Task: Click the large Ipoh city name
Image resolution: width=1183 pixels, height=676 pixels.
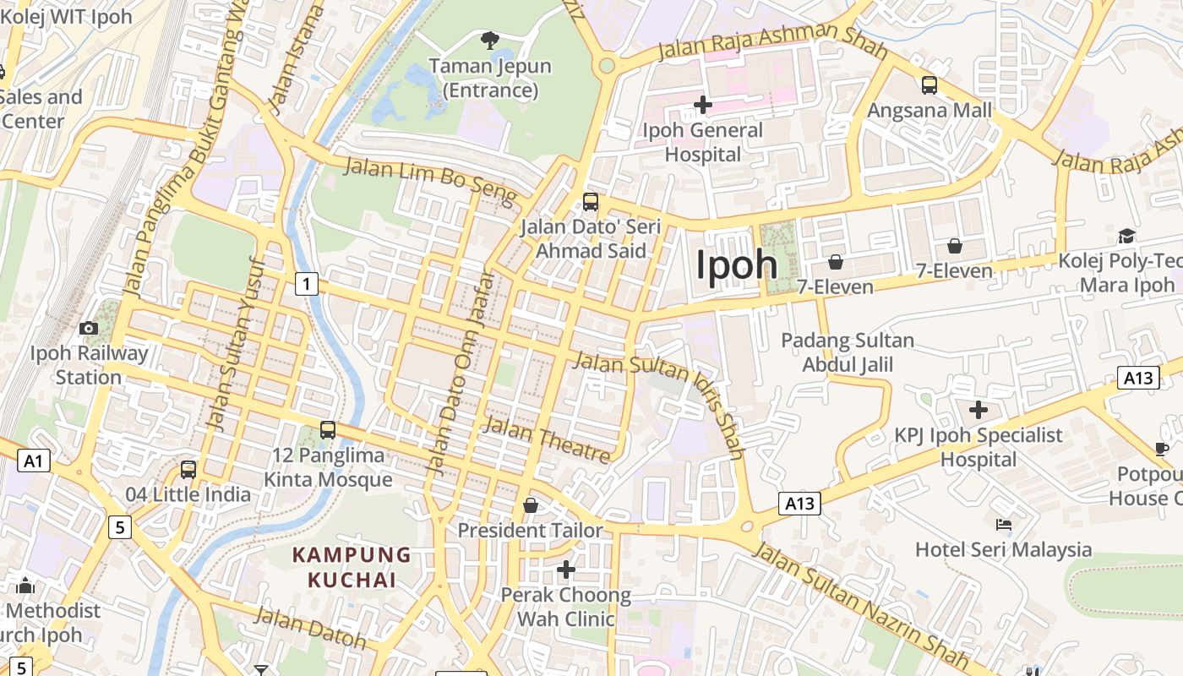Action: [736, 264]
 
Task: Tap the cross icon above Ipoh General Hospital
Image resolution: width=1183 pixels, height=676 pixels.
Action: [702, 105]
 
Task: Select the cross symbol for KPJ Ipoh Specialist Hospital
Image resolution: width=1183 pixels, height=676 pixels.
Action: [979, 411]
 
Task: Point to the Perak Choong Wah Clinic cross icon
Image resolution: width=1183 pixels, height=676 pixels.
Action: [566, 570]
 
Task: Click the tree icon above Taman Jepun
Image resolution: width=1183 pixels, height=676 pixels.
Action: [489, 40]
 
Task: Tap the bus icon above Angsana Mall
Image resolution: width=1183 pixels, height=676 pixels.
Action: [929, 84]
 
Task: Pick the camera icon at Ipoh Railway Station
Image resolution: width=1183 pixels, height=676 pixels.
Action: [89, 328]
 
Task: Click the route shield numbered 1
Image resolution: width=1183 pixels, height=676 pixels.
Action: [306, 284]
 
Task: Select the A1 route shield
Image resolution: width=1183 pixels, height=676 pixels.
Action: [33, 461]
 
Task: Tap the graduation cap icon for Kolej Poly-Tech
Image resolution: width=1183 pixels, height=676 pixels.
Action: [1126, 236]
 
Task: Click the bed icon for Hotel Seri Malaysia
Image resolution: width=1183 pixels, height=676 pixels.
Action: [1004, 525]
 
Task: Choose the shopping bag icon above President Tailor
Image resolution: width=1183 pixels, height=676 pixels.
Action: [531, 505]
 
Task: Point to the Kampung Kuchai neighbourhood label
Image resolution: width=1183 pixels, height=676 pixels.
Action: [352, 568]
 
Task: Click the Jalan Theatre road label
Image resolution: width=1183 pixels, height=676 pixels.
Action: [546, 441]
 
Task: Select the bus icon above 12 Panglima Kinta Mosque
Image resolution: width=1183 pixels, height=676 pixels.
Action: [328, 430]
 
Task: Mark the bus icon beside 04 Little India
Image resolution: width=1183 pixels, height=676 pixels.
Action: [188, 470]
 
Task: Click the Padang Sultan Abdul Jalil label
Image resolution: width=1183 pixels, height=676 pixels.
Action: [847, 352]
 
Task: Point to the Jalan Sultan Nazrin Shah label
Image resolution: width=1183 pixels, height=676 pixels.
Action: [860, 606]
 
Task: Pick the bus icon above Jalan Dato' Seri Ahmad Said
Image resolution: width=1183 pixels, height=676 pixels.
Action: [591, 202]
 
